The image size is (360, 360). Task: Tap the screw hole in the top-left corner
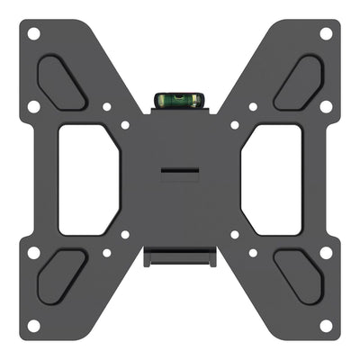(x=33, y=33)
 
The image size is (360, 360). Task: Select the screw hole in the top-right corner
(x=326, y=33)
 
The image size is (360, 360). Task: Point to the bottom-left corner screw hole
(x=33, y=325)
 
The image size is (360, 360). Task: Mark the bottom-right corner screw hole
(x=326, y=325)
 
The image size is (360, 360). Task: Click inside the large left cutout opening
(x=88, y=178)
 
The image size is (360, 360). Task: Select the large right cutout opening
(x=273, y=178)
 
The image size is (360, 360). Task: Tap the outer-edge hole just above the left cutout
(x=33, y=106)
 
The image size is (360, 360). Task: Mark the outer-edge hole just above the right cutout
(x=326, y=106)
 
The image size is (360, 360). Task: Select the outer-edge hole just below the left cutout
(x=33, y=253)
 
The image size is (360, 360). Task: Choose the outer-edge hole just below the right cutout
(x=326, y=253)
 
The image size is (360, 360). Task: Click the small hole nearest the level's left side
(x=125, y=125)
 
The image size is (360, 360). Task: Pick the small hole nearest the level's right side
(x=234, y=125)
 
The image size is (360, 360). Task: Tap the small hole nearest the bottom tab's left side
(x=125, y=235)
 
